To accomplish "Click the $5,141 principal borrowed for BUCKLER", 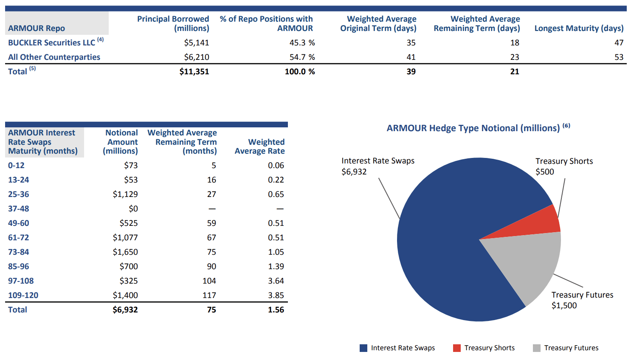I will click(x=196, y=43).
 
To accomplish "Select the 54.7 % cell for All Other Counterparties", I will click(x=302, y=57).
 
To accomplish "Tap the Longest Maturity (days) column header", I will click(x=578, y=28).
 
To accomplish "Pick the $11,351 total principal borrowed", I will click(x=194, y=72).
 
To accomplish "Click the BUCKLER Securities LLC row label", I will click(x=51, y=43).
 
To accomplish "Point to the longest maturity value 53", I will click(x=619, y=57).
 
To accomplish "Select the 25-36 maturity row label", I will click(x=19, y=194).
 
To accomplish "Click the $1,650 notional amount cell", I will click(x=125, y=252).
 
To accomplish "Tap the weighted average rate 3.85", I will click(x=276, y=295).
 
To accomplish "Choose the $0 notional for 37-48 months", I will click(x=133, y=209).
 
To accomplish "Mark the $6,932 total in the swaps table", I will click(x=125, y=310).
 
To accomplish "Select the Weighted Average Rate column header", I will click(x=259, y=146).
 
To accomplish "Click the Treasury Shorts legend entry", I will click(x=484, y=348).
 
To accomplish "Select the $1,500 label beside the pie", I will click(x=564, y=306).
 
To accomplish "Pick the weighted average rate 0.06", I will click(x=276, y=166).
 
